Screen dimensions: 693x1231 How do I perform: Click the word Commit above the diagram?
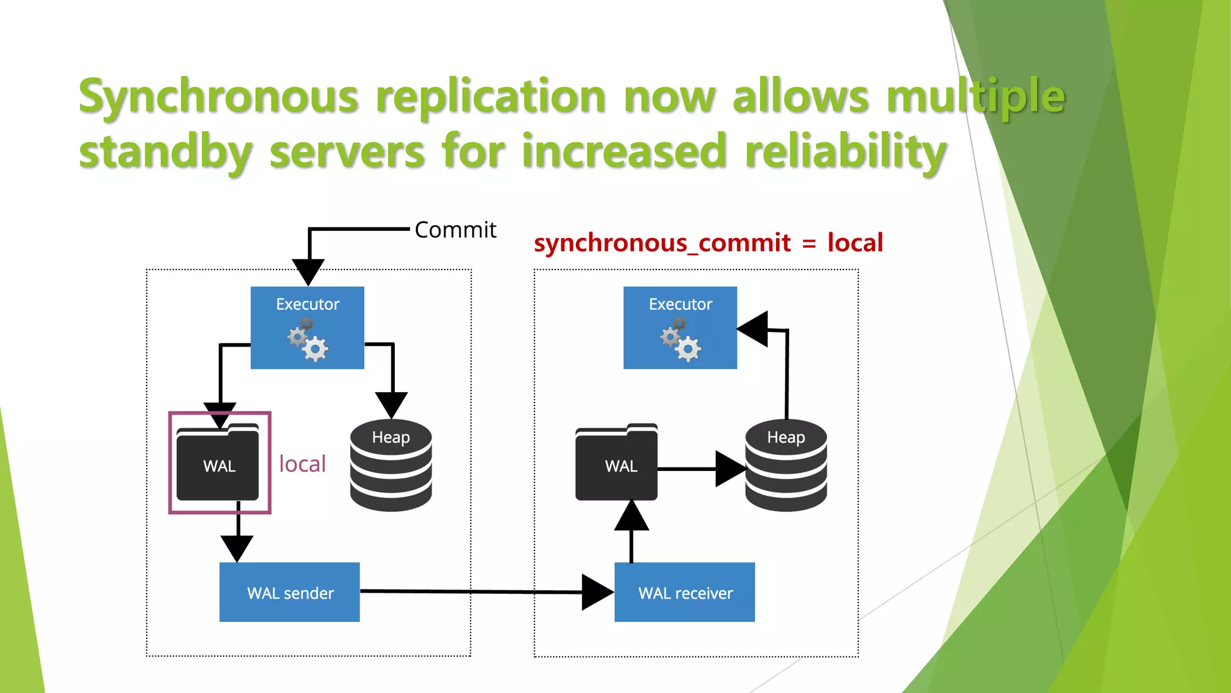(x=455, y=230)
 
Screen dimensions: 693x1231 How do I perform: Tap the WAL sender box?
(x=290, y=593)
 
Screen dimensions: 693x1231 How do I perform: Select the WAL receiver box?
(x=685, y=593)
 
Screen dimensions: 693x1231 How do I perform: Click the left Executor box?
(x=307, y=327)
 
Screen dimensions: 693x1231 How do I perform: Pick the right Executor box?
(x=680, y=327)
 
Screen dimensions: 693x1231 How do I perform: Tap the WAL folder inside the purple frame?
(x=218, y=463)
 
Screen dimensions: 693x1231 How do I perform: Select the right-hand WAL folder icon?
(x=616, y=463)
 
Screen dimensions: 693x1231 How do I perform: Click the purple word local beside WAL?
(x=302, y=464)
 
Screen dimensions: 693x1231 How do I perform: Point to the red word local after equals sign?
(x=855, y=242)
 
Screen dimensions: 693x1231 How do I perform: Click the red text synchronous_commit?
(x=662, y=243)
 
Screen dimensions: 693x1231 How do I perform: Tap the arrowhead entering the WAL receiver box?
(x=597, y=593)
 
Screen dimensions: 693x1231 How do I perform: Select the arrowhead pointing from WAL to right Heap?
(x=730, y=469)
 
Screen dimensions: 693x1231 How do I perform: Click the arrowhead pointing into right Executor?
(x=753, y=329)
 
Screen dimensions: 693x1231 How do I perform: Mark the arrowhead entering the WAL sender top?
(x=237, y=547)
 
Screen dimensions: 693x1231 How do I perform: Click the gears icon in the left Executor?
(x=308, y=340)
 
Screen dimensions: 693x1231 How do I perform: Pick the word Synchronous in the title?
(x=219, y=96)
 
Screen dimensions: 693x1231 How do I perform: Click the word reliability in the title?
(x=845, y=151)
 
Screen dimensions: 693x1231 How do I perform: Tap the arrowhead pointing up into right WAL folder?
(x=631, y=516)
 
